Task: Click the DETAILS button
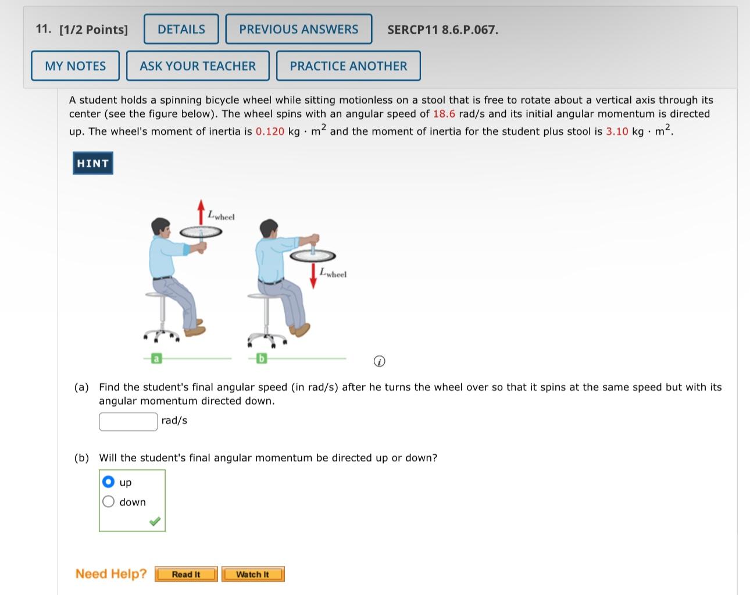pos(181,29)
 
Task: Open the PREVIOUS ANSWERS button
pos(299,29)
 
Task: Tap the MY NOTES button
pos(75,66)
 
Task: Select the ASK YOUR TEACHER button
pos(198,66)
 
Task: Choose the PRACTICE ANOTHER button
pos(348,66)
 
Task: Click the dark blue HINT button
pos(93,163)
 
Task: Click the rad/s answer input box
pos(128,422)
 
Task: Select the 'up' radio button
pos(108,482)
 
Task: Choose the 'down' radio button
pos(108,501)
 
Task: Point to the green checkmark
pos(155,521)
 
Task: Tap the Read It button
pos(186,574)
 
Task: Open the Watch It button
pos(253,574)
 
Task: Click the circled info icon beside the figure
pos(380,361)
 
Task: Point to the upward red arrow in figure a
pos(201,212)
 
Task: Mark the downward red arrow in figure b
pos(313,276)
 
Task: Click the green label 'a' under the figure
pos(156,358)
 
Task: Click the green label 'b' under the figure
pos(262,358)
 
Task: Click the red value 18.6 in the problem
pos(444,114)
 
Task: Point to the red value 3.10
pos(617,131)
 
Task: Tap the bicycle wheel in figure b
pos(313,256)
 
